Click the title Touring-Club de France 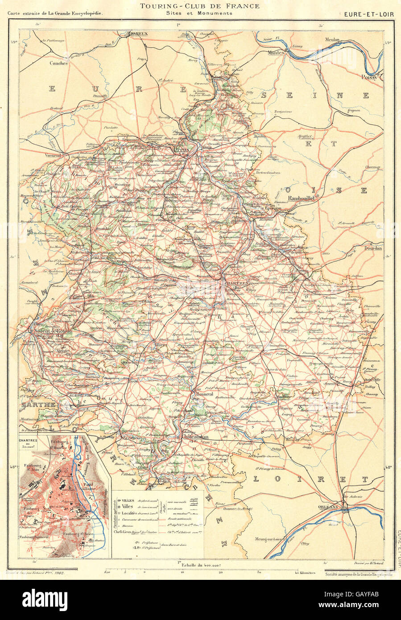coord(199,6)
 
